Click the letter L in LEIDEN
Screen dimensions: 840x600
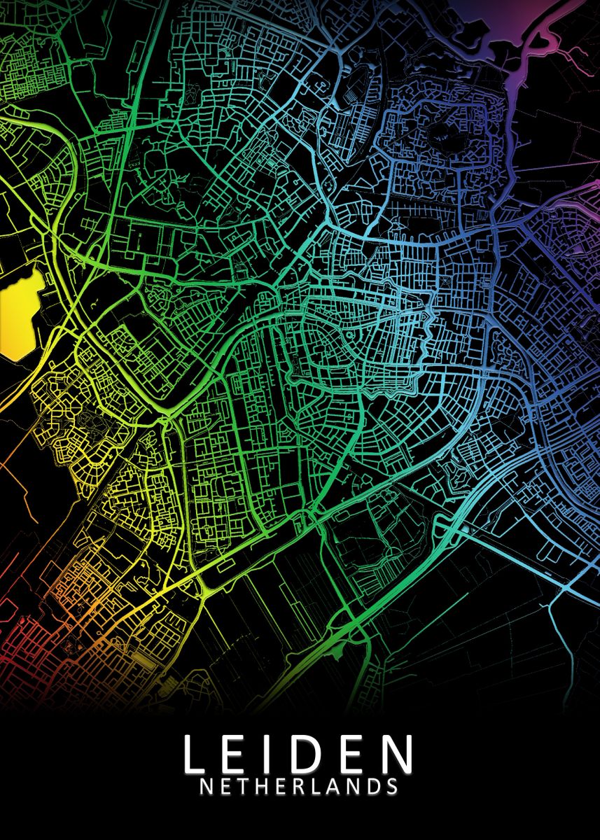[x=196, y=752]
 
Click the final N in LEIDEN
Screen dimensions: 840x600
[x=397, y=752]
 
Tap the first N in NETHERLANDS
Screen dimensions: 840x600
[x=207, y=786]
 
